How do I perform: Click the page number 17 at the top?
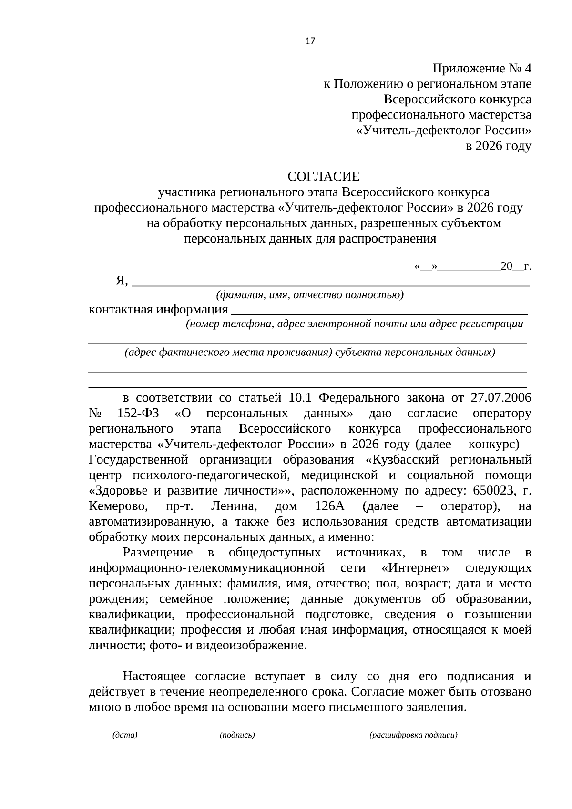(310, 41)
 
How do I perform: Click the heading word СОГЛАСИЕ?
(323, 177)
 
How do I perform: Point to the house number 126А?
(330, 506)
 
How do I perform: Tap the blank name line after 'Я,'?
(330, 284)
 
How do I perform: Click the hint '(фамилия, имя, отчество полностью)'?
(310, 295)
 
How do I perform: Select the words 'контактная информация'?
(158, 310)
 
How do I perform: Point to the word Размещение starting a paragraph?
(158, 553)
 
